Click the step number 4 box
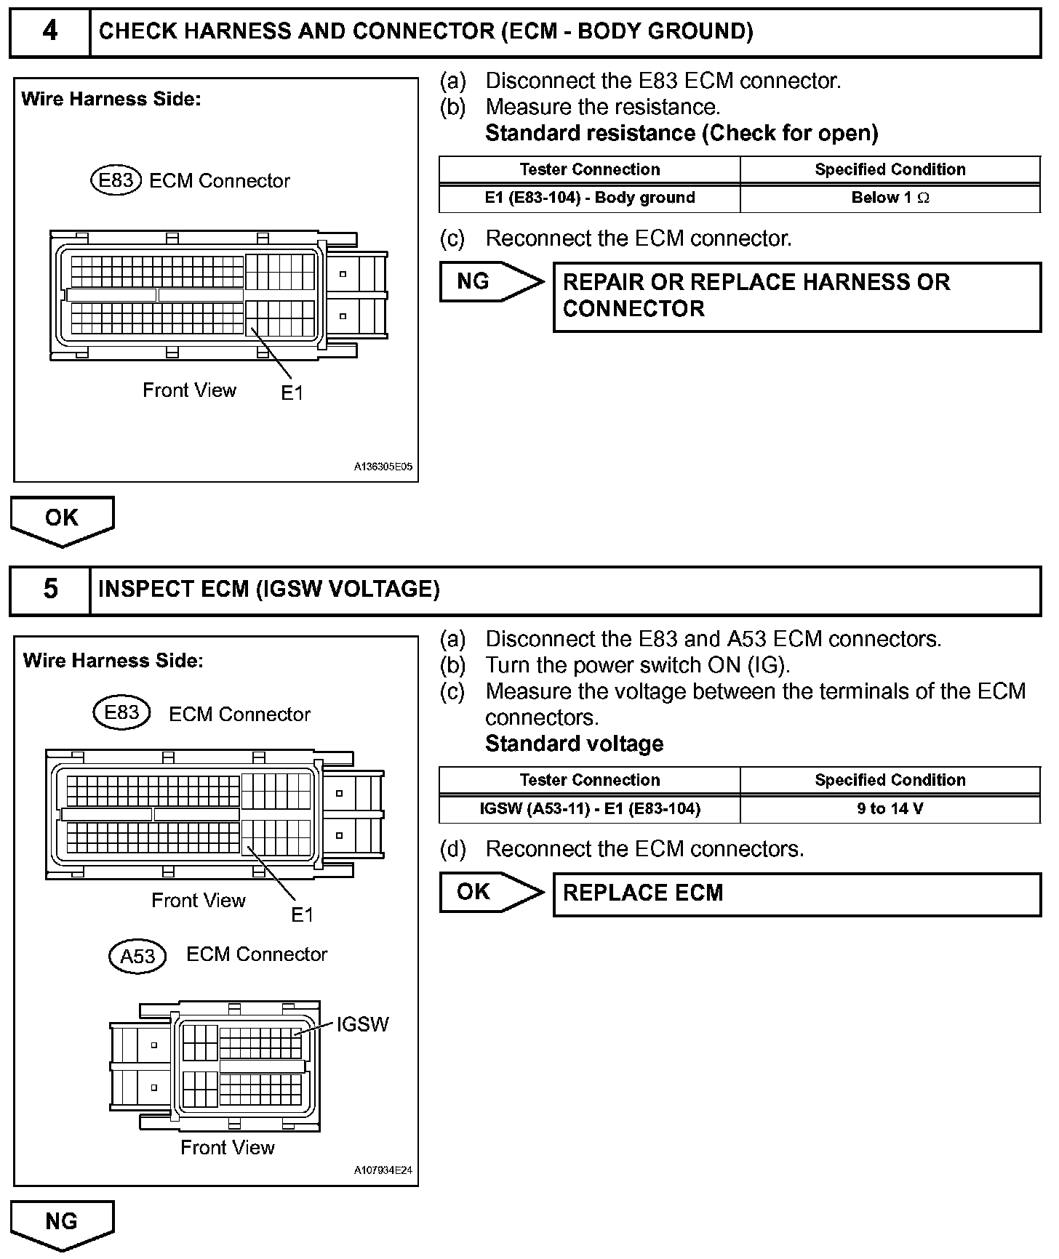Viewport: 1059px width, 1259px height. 49,31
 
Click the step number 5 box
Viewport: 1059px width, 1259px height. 49,590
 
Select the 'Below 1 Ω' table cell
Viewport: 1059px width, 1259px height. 890,198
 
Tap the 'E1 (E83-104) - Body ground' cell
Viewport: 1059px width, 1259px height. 590,198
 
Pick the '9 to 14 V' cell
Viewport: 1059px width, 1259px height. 890,808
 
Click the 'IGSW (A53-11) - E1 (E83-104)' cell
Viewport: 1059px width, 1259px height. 590,808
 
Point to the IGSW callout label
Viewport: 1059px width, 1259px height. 362,1024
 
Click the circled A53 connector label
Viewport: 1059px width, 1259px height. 137,956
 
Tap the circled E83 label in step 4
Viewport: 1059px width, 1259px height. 115,180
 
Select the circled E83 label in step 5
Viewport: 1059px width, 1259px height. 121,712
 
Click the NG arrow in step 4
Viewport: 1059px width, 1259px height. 491,281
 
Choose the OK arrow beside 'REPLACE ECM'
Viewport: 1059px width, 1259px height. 491,892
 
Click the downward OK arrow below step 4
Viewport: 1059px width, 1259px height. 62,519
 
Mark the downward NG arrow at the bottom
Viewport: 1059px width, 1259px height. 62,1223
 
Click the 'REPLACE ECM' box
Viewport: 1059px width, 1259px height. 796,893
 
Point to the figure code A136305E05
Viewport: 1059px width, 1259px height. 383,467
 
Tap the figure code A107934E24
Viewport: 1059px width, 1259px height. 383,1170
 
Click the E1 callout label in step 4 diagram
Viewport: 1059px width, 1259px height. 292,393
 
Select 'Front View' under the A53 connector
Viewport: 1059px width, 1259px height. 228,1147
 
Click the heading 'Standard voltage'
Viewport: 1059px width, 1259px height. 575,744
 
